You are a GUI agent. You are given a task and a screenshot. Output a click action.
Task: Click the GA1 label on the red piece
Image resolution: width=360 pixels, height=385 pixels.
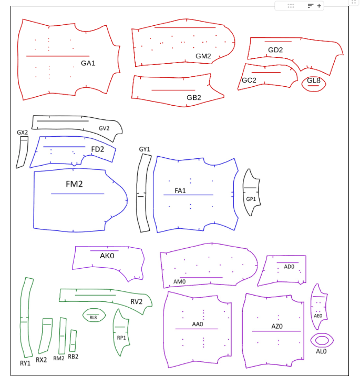tap(88, 63)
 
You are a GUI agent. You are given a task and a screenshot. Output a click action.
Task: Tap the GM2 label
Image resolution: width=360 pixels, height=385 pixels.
tap(203, 56)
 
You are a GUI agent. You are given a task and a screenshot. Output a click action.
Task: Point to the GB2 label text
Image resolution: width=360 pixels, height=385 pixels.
tap(194, 98)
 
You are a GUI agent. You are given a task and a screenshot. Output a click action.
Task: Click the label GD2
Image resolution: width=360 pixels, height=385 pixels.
tap(275, 50)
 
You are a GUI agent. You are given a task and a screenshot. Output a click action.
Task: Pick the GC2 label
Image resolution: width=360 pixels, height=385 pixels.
tap(249, 80)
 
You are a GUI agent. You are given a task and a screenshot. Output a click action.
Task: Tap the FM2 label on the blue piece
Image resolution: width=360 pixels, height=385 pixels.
tap(74, 184)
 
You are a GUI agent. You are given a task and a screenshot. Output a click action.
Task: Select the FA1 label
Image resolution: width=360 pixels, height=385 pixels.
tap(180, 190)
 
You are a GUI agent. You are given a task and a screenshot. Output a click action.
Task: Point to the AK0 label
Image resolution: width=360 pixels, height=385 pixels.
tap(107, 256)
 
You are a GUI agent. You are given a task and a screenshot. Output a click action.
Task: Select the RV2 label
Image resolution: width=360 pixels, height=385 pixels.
tap(137, 301)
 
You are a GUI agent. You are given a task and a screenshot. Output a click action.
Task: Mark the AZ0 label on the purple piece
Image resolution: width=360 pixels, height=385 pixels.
tap(277, 326)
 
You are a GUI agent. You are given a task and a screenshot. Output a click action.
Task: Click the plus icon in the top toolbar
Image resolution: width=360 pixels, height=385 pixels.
tap(319, 6)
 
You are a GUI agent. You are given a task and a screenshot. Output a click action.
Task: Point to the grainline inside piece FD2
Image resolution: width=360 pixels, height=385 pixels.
tap(64, 147)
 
